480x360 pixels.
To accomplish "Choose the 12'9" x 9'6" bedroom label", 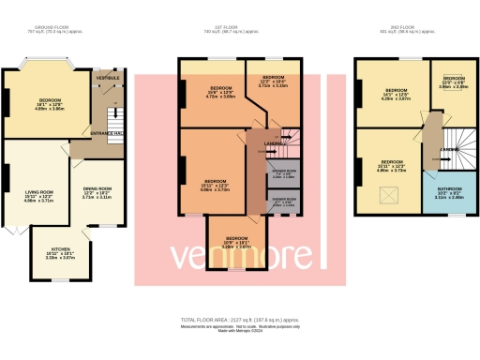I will point(454,82).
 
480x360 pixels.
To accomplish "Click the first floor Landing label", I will point(262,143).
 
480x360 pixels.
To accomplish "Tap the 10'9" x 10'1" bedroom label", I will point(234,242).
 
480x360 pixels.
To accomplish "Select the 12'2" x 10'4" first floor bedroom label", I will point(274,80).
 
